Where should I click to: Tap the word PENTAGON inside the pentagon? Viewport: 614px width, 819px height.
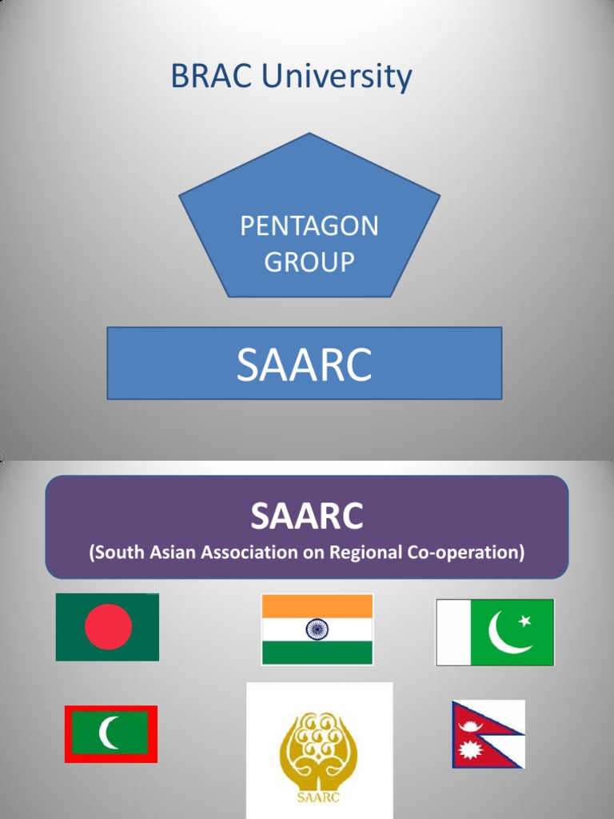coord(309,226)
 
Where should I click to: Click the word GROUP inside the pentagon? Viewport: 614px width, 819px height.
coord(309,262)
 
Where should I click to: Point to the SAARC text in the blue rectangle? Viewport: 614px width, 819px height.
coord(304,365)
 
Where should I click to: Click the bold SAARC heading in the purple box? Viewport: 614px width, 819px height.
coord(306,517)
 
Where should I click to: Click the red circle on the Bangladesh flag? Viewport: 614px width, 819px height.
coord(108,626)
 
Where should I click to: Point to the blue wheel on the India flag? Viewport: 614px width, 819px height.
coord(317,629)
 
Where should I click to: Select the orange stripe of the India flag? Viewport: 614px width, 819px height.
coord(317,606)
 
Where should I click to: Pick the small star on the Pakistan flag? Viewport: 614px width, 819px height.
coord(525,621)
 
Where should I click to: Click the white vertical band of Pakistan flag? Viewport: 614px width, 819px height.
coord(453,632)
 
